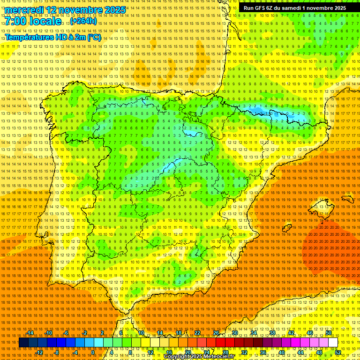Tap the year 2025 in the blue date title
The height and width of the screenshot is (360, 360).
[x=114, y=10]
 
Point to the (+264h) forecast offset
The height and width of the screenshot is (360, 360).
[x=83, y=21]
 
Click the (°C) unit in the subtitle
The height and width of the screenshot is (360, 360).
[x=94, y=37]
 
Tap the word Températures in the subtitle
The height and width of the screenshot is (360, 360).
[x=29, y=37]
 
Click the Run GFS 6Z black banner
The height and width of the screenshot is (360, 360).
[x=295, y=8]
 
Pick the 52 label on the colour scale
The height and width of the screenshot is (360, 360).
[x=338, y=352]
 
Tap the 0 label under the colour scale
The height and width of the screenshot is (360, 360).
[x=93, y=352]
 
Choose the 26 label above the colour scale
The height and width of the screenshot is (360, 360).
[x=216, y=333]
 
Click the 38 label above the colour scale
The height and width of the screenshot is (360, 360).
[x=272, y=333]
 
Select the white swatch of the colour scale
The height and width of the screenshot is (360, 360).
[x=333, y=343]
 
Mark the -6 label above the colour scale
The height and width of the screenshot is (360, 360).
[x=66, y=333]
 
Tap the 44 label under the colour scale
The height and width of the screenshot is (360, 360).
[x=300, y=352]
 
